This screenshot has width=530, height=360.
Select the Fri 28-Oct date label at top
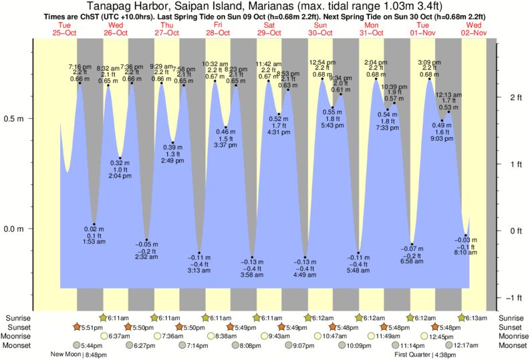click(x=219, y=29)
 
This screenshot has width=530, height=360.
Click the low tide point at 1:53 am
click(x=94, y=224)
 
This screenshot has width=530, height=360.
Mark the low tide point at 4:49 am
click(x=305, y=257)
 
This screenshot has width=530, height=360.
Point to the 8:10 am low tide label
click(x=466, y=252)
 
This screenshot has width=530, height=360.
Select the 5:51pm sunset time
click(x=92, y=327)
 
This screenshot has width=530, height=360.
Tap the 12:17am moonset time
click(x=465, y=345)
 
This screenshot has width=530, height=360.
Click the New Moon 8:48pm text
click(x=79, y=355)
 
